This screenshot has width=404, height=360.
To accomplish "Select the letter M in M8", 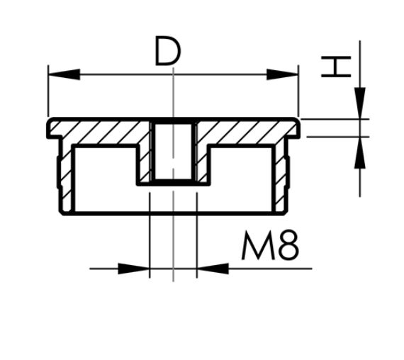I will coord(256,247).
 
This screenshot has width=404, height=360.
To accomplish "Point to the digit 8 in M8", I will coord(288,247).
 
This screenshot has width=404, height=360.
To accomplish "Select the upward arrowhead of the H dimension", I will coord(360,152).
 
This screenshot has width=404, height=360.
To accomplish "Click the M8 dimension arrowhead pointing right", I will coord(135,269).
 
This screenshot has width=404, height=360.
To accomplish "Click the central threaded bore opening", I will coord(173,152).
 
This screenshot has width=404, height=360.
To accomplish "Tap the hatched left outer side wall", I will coord(62,174).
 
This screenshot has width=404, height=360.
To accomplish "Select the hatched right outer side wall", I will coord(284,174).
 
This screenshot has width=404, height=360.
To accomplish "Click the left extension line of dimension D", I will coord(47,92).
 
